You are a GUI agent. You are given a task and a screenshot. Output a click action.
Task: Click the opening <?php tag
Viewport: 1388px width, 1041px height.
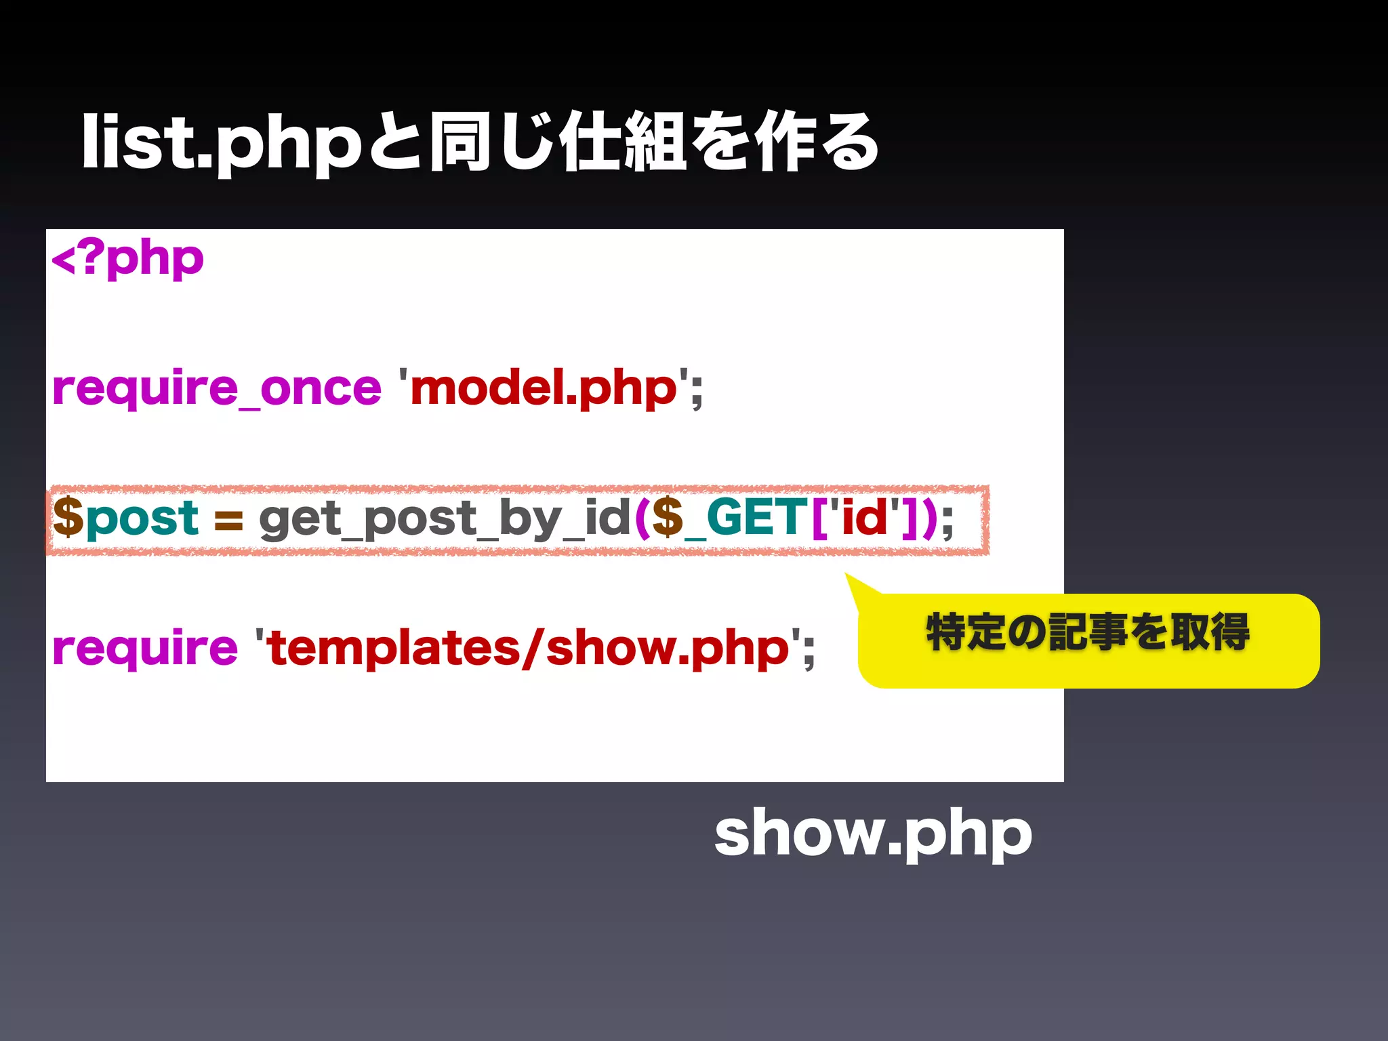(x=127, y=260)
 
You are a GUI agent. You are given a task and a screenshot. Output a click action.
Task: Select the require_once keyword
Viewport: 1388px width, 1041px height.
(x=217, y=389)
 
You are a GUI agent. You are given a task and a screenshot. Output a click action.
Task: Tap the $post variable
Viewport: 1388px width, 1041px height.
(x=126, y=518)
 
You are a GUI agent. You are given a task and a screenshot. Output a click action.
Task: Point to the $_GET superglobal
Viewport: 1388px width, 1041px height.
(x=729, y=518)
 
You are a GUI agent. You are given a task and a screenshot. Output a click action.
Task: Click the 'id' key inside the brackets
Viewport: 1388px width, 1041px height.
(x=864, y=518)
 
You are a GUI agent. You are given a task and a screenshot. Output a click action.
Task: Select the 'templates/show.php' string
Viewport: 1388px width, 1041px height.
(x=529, y=649)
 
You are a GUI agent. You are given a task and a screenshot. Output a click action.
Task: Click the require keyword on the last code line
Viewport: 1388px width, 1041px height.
(x=145, y=649)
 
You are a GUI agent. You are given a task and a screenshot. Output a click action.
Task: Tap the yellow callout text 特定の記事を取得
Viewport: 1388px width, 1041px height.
(x=1088, y=632)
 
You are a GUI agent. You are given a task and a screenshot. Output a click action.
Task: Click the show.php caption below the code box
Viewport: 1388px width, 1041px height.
(x=873, y=834)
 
